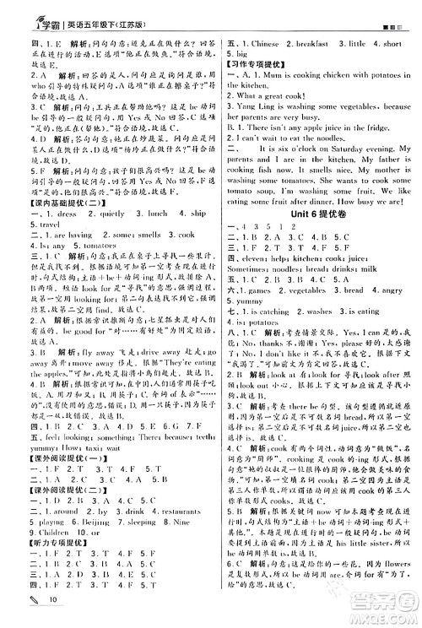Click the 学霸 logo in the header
[34, 14]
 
